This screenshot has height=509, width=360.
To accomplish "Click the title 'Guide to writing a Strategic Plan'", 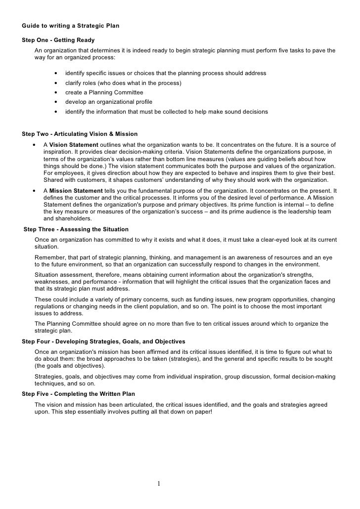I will (x=71, y=25).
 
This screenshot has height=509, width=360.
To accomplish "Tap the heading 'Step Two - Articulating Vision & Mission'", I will (x=80, y=134).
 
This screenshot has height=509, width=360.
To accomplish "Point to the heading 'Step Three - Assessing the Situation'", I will (x=76, y=229).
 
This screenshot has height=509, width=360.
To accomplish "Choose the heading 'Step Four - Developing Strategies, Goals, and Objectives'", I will (x=104, y=341).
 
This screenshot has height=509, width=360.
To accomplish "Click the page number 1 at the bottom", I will (x=159, y=483).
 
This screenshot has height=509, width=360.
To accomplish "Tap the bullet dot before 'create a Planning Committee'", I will (x=55, y=92).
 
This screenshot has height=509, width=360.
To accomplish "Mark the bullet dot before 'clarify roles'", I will (x=55, y=83).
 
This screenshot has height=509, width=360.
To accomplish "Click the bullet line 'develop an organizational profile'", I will (x=108, y=102).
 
